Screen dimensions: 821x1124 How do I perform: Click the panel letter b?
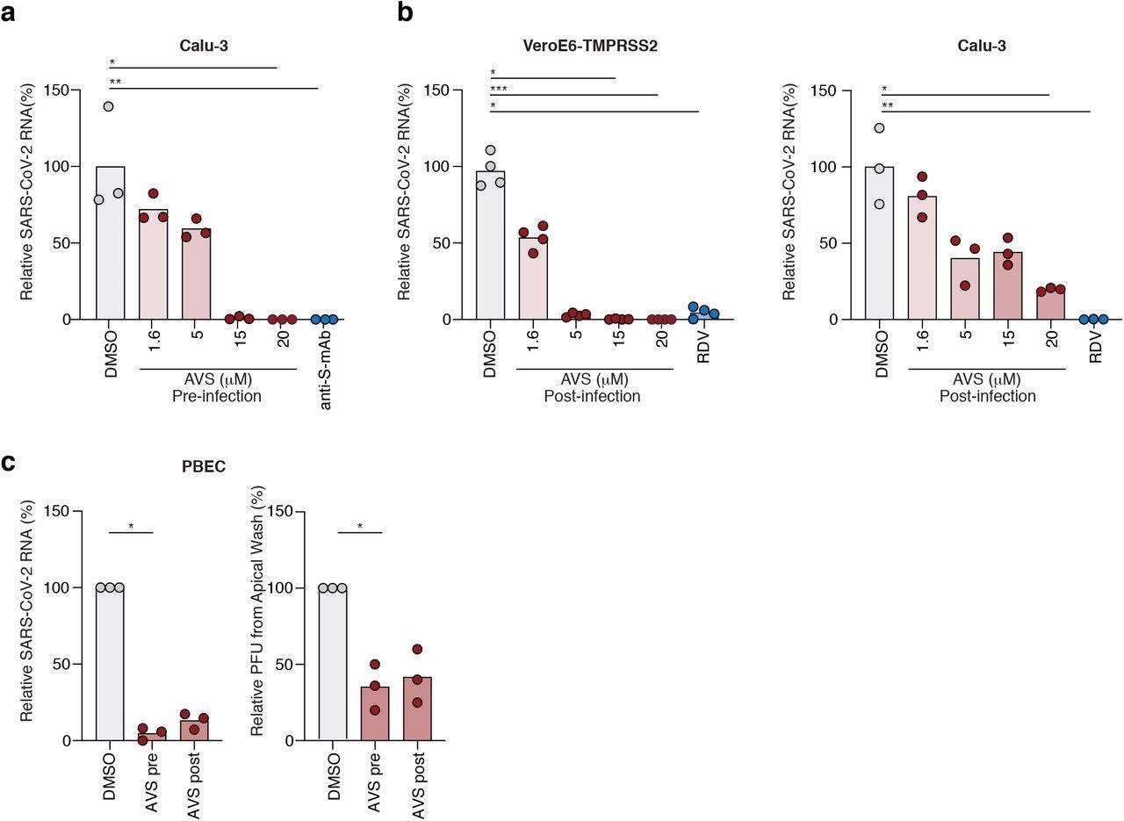[405, 12]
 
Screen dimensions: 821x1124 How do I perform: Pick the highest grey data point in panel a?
[108, 106]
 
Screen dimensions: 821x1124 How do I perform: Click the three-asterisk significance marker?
[499, 89]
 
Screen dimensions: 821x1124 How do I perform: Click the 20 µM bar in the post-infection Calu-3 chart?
[1050, 304]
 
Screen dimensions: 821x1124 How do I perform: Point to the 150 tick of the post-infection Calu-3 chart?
[843, 90]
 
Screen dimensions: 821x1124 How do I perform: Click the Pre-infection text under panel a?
[218, 396]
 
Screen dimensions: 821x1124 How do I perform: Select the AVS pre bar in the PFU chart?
[375, 714]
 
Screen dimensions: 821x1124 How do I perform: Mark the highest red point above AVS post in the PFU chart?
[417, 650]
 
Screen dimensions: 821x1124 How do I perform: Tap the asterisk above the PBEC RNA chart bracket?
[131, 526]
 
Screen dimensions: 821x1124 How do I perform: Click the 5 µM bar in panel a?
[197, 274]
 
